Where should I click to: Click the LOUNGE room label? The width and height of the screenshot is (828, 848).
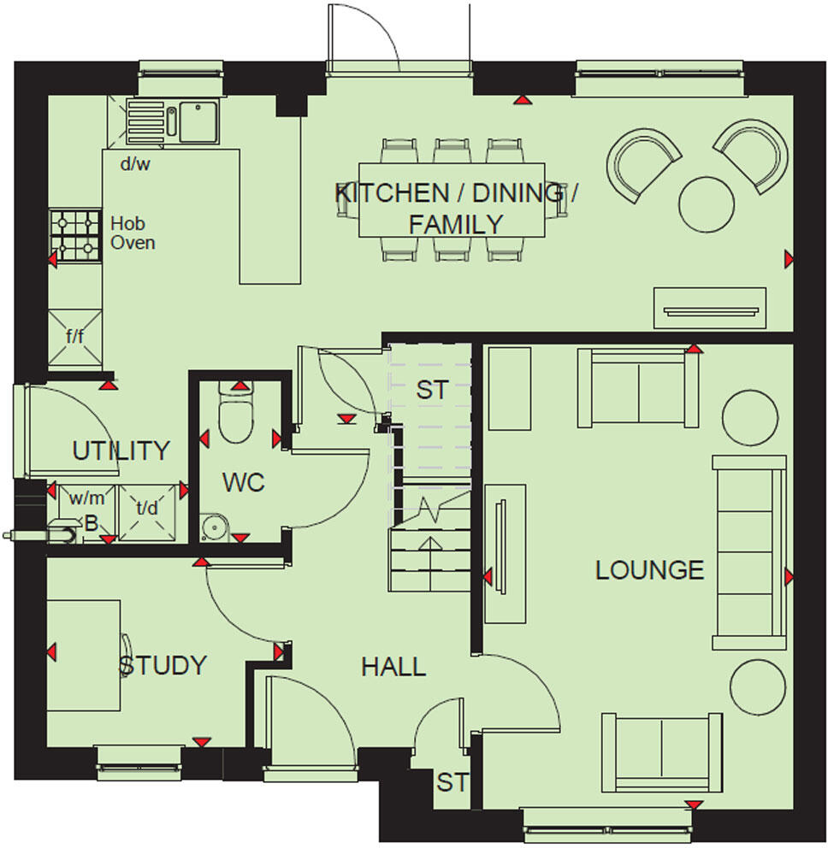tap(649, 570)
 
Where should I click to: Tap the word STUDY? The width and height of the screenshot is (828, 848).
tap(163, 665)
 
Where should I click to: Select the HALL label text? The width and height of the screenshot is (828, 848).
tap(393, 667)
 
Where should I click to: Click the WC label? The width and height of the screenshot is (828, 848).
tap(244, 482)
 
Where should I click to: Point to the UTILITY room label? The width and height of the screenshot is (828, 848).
tap(121, 450)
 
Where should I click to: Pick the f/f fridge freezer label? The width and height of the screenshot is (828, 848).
tap(75, 336)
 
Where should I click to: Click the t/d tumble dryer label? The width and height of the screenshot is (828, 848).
tap(148, 509)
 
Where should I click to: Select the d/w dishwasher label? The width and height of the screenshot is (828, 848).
tap(134, 164)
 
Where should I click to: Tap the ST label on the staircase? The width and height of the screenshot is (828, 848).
tap(431, 390)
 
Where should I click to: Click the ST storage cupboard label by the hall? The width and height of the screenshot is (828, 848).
tap(452, 782)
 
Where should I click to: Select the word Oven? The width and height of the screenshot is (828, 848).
tap(133, 243)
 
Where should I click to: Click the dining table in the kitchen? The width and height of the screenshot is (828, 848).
tap(452, 199)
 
